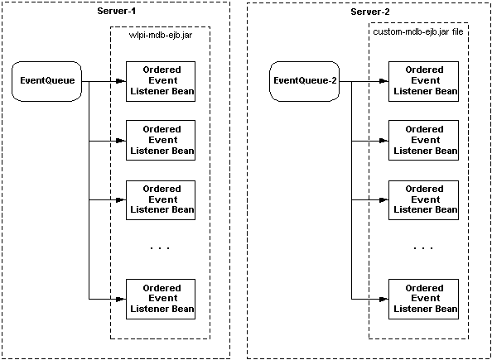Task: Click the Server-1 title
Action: click(117, 12)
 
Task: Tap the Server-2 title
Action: click(370, 12)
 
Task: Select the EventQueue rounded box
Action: click(46, 81)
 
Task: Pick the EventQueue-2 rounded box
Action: click(304, 81)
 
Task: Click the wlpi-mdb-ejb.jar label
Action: click(161, 35)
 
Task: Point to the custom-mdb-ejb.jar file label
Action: click(418, 32)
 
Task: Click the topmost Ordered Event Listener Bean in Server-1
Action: click(161, 81)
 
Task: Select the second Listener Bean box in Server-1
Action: click(161, 140)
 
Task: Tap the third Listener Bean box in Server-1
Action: click(161, 199)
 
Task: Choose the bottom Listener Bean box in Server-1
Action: click(161, 299)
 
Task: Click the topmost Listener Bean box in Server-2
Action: click(423, 81)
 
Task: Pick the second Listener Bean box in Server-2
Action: click(423, 140)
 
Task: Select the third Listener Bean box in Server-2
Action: click(423, 199)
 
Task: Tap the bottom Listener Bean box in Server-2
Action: click(423, 299)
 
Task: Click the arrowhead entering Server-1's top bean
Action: click(121, 81)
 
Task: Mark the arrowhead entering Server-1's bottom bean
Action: click(121, 299)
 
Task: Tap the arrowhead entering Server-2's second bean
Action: click(383, 141)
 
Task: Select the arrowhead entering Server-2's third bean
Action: click(383, 199)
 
